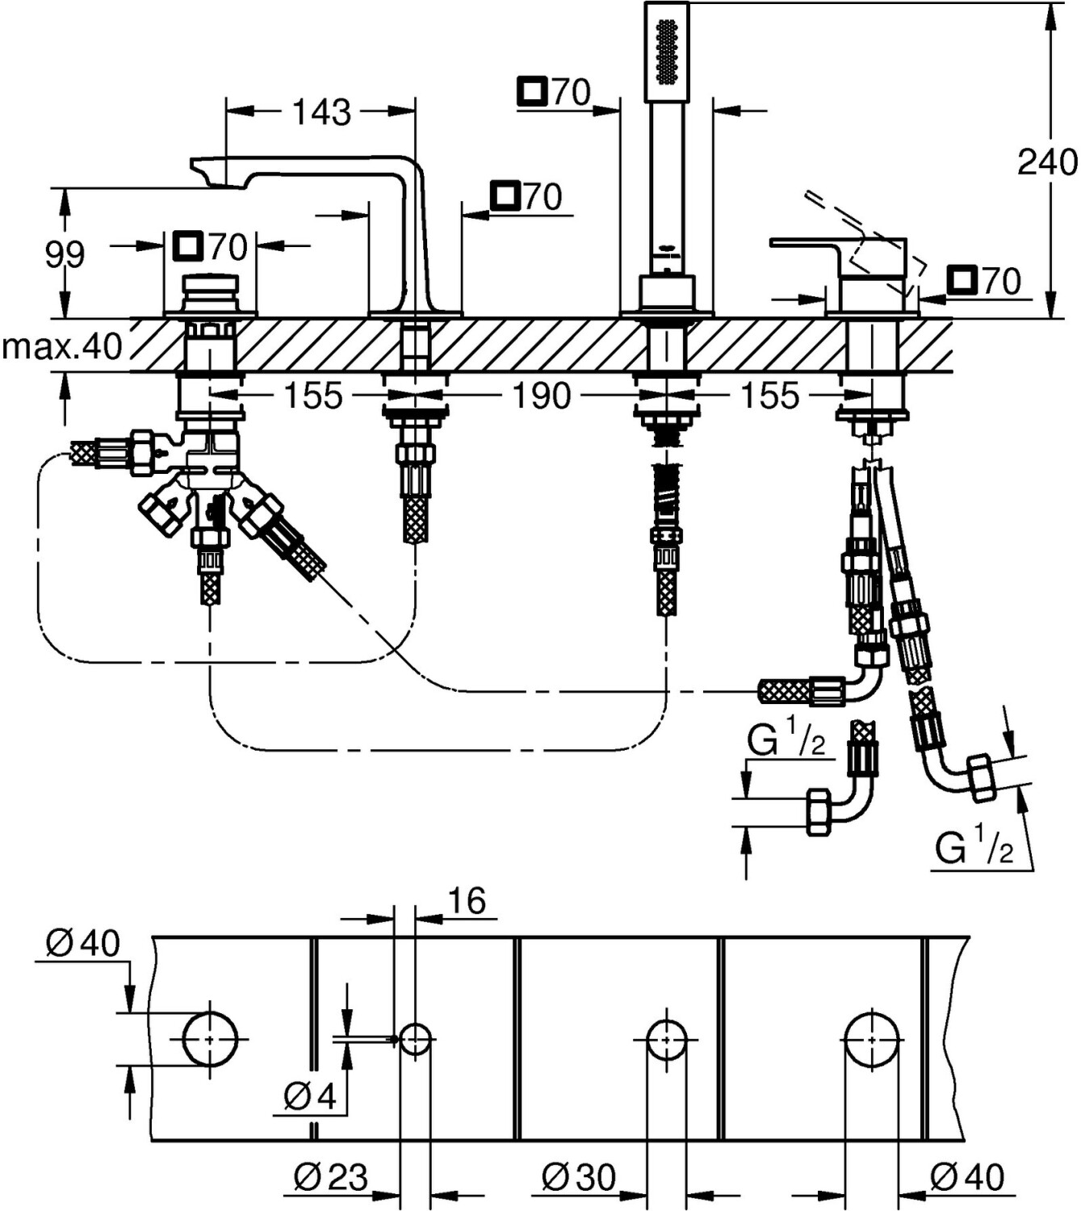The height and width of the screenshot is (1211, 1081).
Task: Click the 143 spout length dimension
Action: pyautogui.click(x=321, y=112)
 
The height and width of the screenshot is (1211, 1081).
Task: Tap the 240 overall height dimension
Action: pyautogui.click(x=1046, y=162)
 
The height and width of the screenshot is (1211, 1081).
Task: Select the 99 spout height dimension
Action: pyautogui.click(x=64, y=255)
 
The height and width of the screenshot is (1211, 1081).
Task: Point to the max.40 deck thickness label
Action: pyautogui.click(x=61, y=347)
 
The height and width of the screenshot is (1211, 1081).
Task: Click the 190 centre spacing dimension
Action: pyautogui.click(x=542, y=396)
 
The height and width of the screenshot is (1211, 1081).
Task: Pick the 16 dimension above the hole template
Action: pyautogui.click(x=466, y=900)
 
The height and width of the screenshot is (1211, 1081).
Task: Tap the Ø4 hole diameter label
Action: pyautogui.click(x=309, y=1096)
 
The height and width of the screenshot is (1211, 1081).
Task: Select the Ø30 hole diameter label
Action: pyautogui.click(x=579, y=1177)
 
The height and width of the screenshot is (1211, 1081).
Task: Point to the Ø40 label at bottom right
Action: pyautogui.click(x=967, y=1177)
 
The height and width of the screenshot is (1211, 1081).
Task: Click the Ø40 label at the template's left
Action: pyautogui.click(x=82, y=943)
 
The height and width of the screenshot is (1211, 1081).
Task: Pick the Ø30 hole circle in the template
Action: pyautogui.click(x=667, y=1039)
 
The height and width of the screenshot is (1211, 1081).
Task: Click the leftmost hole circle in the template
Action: pyautogui.click(x=210, y=1039)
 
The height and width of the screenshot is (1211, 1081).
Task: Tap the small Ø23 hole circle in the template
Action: pyautogui.click(x=415, y=1039)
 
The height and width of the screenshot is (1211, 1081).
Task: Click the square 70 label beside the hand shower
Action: pyautogui.click(x=555, y=93)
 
